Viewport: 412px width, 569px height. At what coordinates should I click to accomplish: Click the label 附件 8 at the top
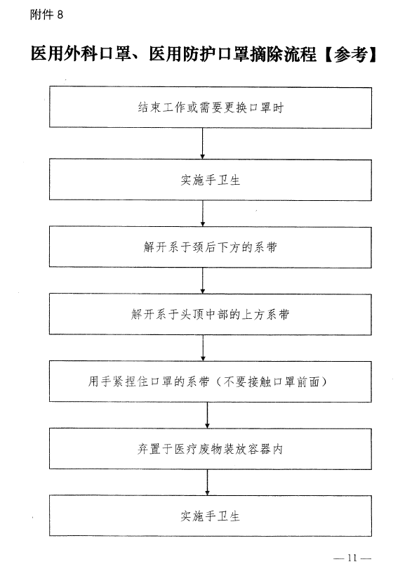[x=46, y=15]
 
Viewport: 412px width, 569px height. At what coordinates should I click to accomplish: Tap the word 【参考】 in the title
[x=350, y=54]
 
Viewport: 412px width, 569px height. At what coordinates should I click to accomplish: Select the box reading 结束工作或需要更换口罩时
[x=211, y=107]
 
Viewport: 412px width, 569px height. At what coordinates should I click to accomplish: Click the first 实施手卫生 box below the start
[x=211, y=180]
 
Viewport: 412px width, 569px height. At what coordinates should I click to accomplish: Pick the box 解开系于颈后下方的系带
[x=211, y=247]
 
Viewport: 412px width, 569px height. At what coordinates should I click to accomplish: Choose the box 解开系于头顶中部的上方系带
[x=211, y=314]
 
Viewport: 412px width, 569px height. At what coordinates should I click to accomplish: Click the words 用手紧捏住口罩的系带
[x=149, y=381]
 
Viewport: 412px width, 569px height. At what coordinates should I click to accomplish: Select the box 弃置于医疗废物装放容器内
[x=211, y=449]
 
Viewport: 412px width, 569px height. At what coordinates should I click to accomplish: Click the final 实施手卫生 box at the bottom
[x=211, y=516]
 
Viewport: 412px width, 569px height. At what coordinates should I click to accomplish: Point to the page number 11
[x=352, y=558]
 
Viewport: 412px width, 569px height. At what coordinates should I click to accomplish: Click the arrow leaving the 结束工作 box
[x=202, y=143]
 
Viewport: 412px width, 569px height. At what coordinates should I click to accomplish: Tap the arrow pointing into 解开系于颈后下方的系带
[x=202, y=214]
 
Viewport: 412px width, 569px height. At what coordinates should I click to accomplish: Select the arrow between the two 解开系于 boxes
[x=202, y=281]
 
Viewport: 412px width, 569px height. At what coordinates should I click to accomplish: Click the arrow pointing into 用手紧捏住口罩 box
[x=203, y=348]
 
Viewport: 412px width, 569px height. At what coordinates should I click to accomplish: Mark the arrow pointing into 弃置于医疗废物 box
[x=207, y=415]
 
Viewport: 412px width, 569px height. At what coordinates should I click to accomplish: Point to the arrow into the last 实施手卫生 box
[x=207, y=483]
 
